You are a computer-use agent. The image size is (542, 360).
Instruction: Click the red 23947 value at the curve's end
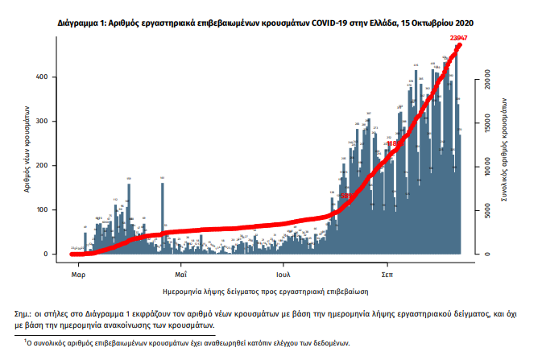click(460, 39)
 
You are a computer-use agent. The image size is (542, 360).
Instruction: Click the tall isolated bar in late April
click(162, 217)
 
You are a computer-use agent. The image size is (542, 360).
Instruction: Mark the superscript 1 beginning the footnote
click(26, 341)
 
